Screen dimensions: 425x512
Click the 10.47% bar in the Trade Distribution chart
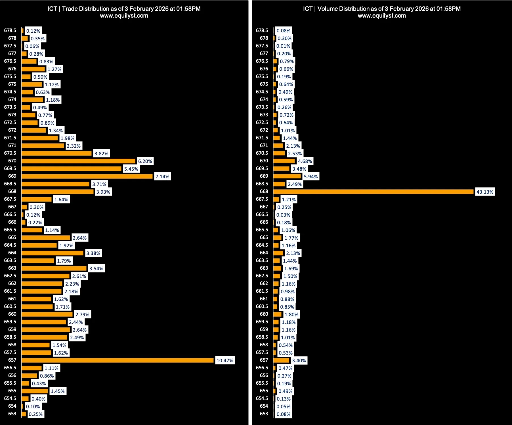click(x=117, y=360)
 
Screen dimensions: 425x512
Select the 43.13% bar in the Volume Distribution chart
click(x=373, y=192)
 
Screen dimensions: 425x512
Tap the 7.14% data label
click(x=162, y=177)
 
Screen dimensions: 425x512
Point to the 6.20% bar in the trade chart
click(x=78, y=161)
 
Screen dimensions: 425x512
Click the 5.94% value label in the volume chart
click(x=311, y=177)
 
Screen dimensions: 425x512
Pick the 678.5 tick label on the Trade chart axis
click(x=10, y=30)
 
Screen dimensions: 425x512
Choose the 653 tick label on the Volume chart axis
click(x=264, y=414)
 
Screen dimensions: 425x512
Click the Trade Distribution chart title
click(x=124, y=9)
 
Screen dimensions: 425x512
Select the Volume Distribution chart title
click(x=382, y=9)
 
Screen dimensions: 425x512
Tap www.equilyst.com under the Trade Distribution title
click(x=124, y=16)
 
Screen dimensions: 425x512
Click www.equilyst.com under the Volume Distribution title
click(x=382, y=16)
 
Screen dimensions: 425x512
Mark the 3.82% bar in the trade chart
click(x=56, y=153)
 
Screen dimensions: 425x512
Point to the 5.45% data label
click(x=131, y=169)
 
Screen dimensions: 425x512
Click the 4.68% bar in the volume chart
click(x=284, y=161)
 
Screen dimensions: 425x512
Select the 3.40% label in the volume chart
click(x=299, y=361)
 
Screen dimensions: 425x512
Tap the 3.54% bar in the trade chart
click(x=54, y=268)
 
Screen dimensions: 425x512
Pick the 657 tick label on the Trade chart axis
click(x=12, y=360)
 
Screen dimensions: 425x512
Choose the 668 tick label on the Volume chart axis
click(x=264, y=191)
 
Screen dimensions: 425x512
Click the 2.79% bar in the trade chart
click(x=47, y=314)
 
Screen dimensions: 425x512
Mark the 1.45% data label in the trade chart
click(x=58, y=391)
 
